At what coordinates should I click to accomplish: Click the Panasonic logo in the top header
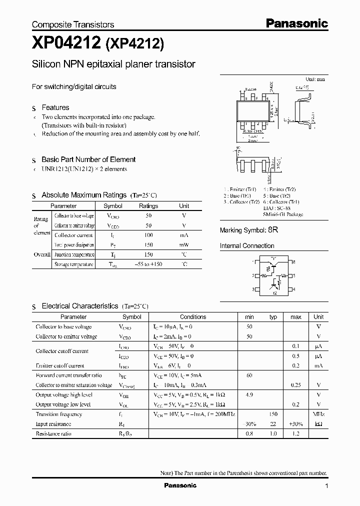coord(296,23)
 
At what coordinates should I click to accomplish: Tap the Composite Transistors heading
coord(73,24)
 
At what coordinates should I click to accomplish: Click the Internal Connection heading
coord(247,246)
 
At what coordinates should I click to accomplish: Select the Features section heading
coord(55,107)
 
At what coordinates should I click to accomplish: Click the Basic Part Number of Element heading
coord(88,159)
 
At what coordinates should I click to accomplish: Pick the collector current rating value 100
coord(148,235)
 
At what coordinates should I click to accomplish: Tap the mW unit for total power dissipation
coord(184,245)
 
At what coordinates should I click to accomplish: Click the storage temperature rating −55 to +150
coord(148,264)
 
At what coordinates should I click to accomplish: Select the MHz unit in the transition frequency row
coord(318,414)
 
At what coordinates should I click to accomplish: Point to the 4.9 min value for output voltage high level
coord(249,394)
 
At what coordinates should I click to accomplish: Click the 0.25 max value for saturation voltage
coord(295,385)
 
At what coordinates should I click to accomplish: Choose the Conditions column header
coord(193,316)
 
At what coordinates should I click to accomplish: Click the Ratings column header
coord(148,205)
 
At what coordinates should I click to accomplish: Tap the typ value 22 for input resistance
coord(273,423)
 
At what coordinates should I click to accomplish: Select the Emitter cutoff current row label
coord(60,365)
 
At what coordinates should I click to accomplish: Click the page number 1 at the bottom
coord(326,486)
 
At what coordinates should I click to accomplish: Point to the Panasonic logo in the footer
coord(180,485)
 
